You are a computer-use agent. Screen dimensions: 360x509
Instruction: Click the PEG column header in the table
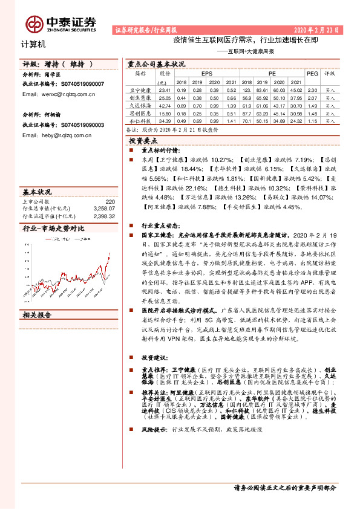pos(312,73)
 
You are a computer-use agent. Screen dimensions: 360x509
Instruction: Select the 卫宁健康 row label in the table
pos(139,89)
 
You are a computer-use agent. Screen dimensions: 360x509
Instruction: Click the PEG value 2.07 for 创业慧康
pos(312,97)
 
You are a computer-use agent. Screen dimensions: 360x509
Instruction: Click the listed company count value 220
pos(110,201)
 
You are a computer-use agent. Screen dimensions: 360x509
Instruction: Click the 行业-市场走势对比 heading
pos(53,229)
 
